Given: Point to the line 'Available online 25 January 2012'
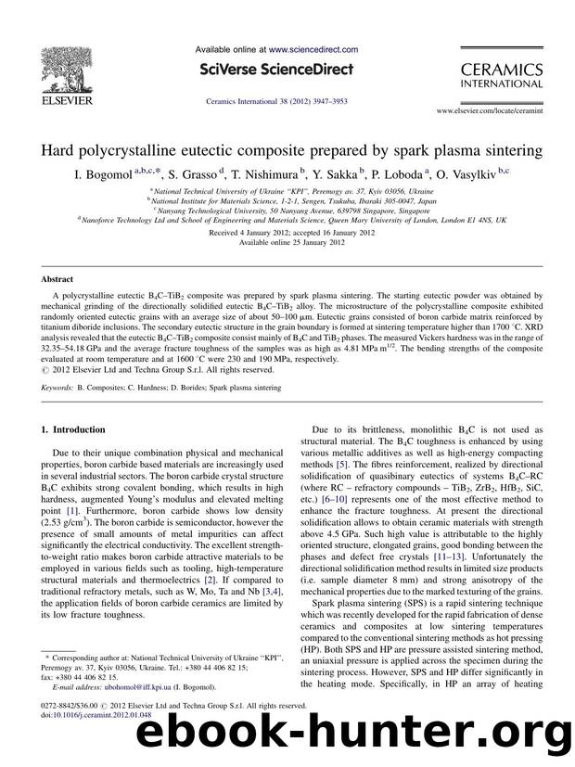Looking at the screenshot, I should coord(287,242).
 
